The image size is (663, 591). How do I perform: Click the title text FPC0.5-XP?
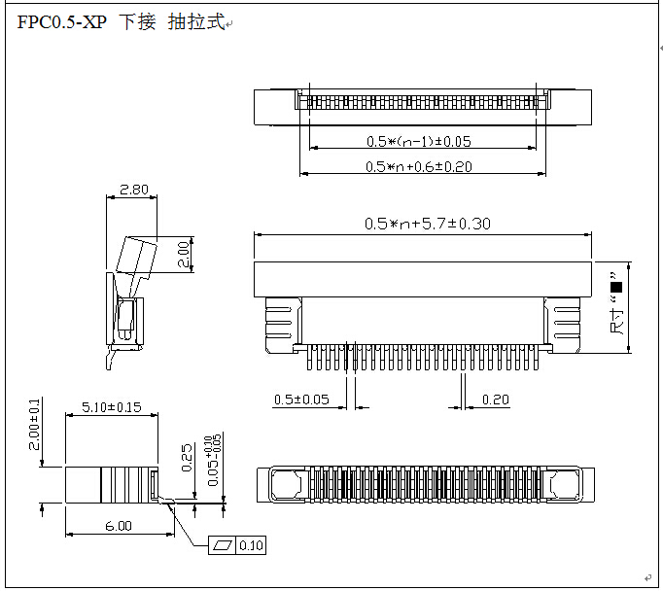(x=61, y=22)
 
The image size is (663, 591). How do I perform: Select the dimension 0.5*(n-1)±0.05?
(x=419, y=141)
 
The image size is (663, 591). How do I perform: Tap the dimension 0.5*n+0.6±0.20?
(x=419, y=166)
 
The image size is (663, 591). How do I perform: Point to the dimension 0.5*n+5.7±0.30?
(x=427, y=224)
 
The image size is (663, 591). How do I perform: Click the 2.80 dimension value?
(x=133, y=190)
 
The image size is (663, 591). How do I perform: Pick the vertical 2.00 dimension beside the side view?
(x=184, y=255)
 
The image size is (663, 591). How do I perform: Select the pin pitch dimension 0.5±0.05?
(x=301, y=400)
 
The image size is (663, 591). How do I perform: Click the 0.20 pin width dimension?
(x=495, y=400)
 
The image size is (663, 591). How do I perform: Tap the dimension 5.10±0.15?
(x=111, y=406)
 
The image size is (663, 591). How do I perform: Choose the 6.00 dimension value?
(x=119, y=526)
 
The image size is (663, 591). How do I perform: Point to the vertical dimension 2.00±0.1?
(x=35, y=424)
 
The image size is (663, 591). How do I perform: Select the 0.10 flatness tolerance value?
(x=251, y=545)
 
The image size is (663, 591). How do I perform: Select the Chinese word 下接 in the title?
(x=137, y=22)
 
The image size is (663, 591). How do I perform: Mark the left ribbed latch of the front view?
(x=279, y=323)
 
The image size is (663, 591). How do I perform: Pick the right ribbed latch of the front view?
(x=566, y=323)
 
